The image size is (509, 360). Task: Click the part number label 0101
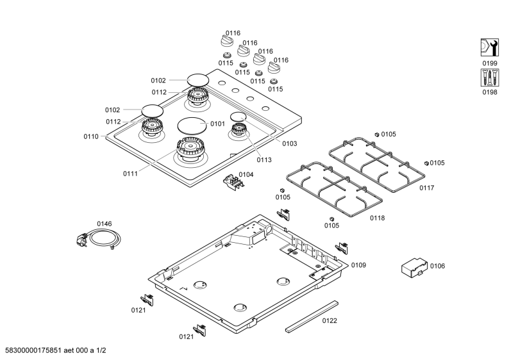click(x=217, y=124)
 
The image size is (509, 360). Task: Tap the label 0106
click(x=437, y=266)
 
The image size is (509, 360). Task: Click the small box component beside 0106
click(x=414, y=268)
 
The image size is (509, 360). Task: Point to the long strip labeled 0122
click(x=312, y=316)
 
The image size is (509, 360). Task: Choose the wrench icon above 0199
click(x=490, y=47)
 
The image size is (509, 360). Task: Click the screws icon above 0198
click(x=490, y=78)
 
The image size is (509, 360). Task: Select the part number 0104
click(x=246, y=174)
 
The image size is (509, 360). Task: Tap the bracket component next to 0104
click(x=233, y=183)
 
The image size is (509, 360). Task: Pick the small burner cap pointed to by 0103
click(x=238, y=117)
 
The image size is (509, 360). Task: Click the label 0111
click(x=130, y=174)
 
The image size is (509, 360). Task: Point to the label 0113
click(x=264, y=160)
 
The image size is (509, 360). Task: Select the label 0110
click(x=91, y=136)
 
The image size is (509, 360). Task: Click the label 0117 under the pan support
click(x=426, y=188)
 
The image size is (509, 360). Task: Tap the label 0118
click(x=377, y=218)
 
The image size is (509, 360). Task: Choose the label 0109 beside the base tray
click(x=358, y=265)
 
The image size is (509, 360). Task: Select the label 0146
click(x=104, y=224)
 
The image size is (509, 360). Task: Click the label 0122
click(x=330, y=320)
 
